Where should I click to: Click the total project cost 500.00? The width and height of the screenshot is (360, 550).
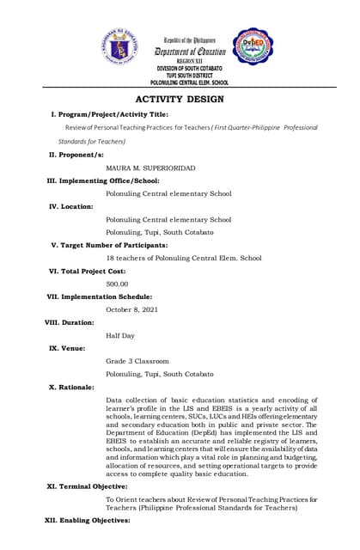pyautogui.click(x=117, y=283)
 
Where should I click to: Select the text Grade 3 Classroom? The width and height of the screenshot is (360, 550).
pyautogui.click(x=137, y=361)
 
